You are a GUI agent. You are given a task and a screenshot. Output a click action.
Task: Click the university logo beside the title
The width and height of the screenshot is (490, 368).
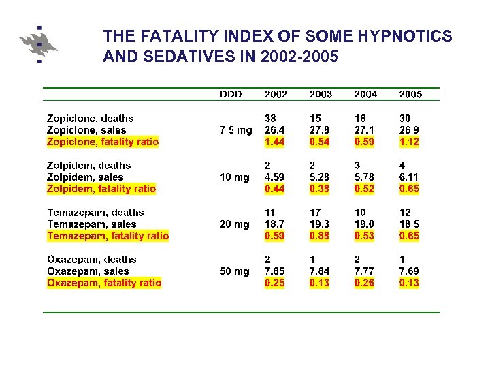click(38, 44)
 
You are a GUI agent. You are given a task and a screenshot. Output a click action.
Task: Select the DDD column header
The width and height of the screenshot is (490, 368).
click(231, 94)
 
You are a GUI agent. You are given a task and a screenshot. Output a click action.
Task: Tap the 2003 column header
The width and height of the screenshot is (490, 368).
click(321, 94)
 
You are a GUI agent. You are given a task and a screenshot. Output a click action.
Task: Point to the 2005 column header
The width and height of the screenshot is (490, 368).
click(410, 94)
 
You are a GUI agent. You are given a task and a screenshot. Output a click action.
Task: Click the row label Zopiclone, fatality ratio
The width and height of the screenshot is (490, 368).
click(103, 142)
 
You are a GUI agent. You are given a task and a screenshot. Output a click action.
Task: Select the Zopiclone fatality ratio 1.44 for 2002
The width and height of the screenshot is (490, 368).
click(276, 142)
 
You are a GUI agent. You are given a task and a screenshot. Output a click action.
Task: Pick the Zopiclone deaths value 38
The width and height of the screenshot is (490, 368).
click(271, 119)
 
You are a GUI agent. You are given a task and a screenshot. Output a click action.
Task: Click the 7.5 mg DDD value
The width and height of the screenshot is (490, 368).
click(235, 130)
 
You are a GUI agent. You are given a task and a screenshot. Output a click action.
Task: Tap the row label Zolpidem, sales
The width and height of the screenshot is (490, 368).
click(85, 177)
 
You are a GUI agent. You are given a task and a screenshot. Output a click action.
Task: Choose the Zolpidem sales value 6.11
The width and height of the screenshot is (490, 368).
click(409, 177)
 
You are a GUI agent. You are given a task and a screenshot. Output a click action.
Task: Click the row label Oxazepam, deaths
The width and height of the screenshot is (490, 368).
click(92, 259)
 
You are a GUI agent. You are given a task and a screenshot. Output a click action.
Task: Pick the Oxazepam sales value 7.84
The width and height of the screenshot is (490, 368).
click(321, 271)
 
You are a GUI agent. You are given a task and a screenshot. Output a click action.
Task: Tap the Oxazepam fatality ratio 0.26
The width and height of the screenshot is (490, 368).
click(365, 283)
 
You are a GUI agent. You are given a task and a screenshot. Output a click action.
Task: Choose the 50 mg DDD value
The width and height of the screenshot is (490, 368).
click(235, 271)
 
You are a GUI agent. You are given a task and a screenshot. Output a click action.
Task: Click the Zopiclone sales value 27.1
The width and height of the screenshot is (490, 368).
click(365, 130)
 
